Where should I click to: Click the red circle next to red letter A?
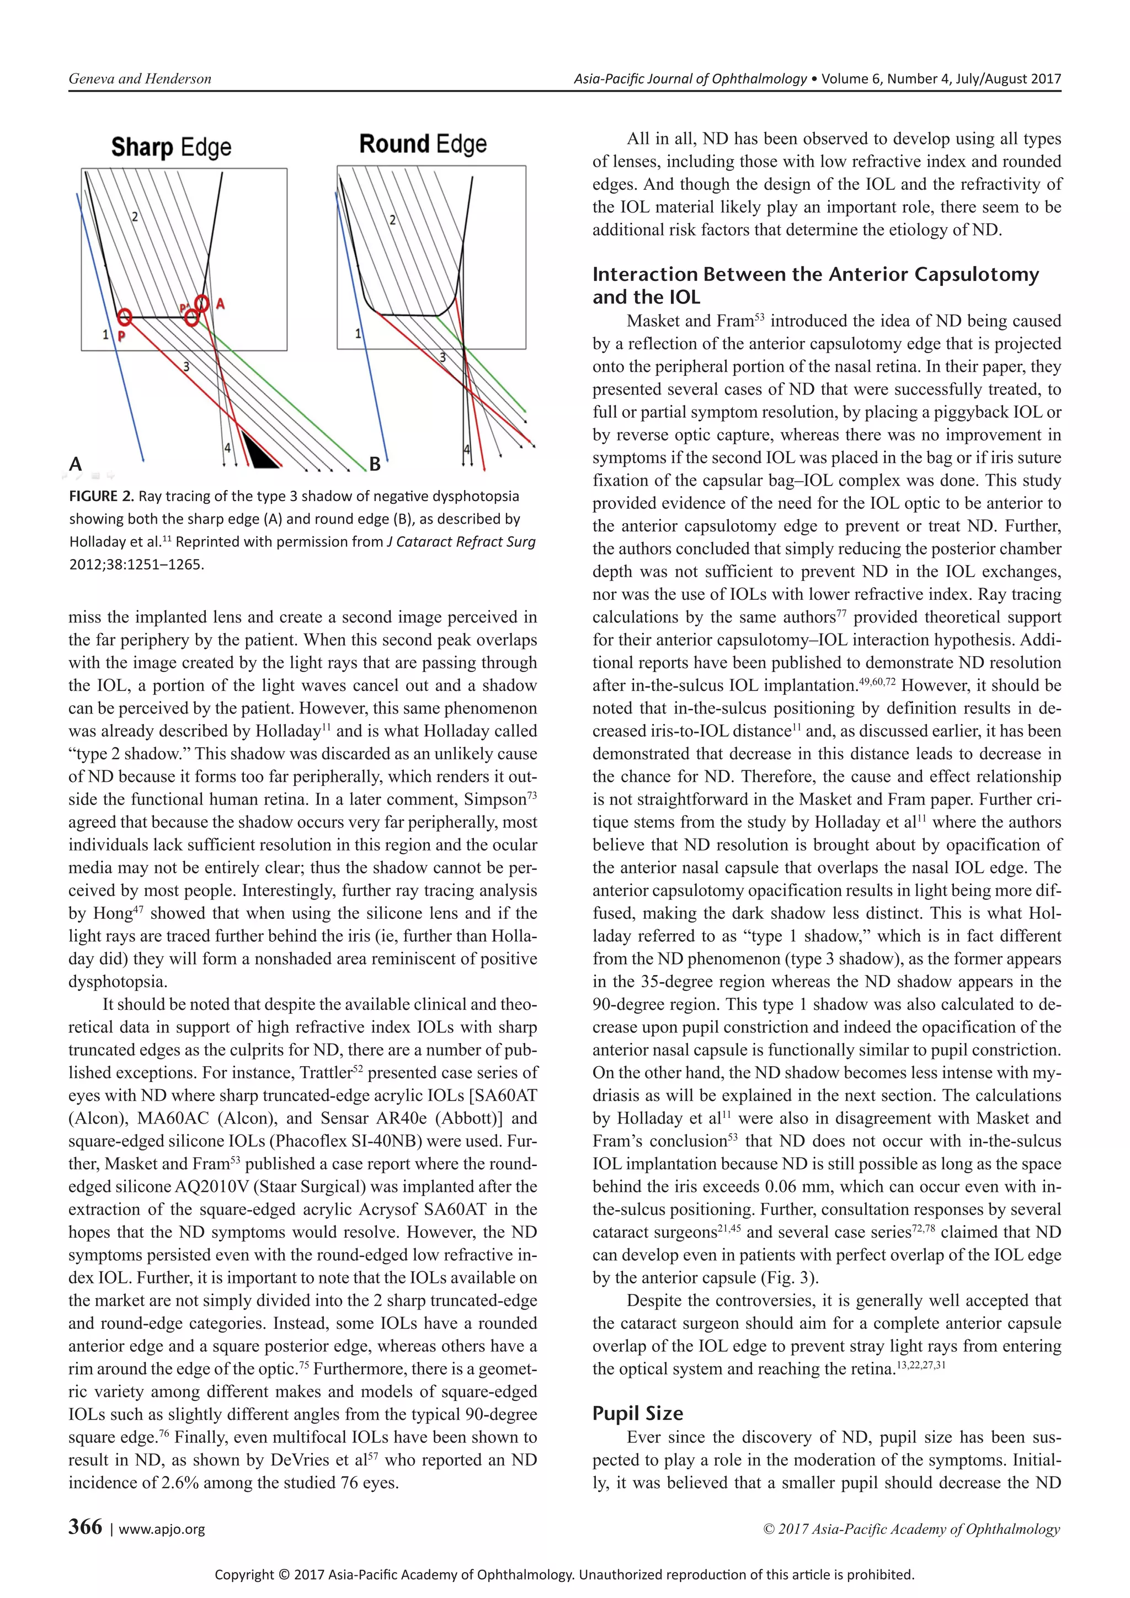[x=202, y=303]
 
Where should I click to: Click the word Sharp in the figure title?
[x=142, y=147]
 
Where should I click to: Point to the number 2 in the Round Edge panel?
[x=392, y=220]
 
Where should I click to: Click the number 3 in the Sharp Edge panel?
[x=186, y=367]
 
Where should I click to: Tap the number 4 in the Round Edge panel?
[x=467, y=450]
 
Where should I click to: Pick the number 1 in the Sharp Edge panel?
[x=106, y=335]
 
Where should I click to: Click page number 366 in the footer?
[x=85, y=1526]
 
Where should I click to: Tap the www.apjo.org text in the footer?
[x=162, y=1529]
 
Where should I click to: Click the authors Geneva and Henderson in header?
[x=139, y=79]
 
